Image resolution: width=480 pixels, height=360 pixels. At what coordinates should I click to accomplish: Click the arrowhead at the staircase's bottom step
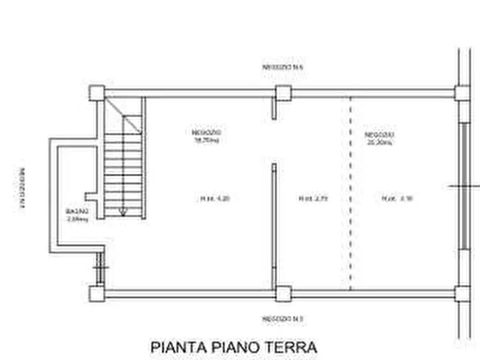click(123, 212)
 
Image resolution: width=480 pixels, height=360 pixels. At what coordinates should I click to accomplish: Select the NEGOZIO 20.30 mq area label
click(379, 138)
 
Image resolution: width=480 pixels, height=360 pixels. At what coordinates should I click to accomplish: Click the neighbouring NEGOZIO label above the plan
click(283, 68)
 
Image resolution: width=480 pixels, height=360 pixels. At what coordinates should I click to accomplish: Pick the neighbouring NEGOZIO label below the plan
click(283, 319)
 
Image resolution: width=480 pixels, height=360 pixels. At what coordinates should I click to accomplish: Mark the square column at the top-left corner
click(97, 93)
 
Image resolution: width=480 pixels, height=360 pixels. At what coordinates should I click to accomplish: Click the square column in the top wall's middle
click(283, 93)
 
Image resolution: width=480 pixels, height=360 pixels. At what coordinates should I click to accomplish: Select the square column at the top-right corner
click(462, 93)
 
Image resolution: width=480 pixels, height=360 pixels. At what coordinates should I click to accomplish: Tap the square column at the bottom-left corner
click(97, 294)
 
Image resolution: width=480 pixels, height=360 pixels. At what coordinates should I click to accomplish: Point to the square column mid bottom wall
click(283, 294)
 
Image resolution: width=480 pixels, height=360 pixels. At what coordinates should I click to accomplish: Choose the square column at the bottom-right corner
click(462, 294)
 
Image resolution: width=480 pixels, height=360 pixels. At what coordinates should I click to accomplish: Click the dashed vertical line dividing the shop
click(350, 193)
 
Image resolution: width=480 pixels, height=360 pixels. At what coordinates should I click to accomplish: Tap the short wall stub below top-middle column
click(274, 109)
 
